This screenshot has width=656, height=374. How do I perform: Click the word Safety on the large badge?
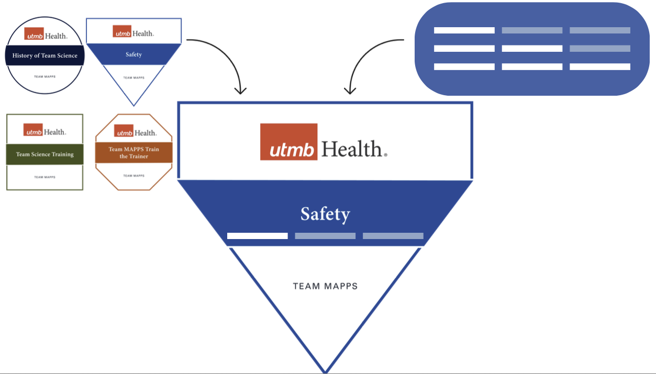325,214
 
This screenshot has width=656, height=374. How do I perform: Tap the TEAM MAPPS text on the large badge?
325,286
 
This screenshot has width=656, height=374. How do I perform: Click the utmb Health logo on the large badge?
324,142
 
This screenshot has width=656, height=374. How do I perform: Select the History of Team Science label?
45,55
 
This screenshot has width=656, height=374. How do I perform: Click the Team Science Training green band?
45,154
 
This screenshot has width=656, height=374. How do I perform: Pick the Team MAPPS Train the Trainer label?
134,152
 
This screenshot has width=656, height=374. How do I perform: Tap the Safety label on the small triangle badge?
134,54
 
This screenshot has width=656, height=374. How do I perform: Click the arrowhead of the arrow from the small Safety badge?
240,91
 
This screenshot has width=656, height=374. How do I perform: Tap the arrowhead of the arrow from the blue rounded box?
350,91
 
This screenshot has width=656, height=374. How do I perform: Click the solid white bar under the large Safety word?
257,236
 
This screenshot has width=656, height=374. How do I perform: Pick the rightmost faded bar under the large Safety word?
393,236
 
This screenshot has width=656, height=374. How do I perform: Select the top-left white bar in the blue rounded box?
464,30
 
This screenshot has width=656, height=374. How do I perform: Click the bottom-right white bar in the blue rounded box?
599,66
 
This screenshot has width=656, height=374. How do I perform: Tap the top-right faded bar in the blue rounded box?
599,30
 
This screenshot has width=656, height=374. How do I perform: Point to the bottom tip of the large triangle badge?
325,370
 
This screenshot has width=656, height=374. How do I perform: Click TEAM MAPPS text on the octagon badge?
134,176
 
